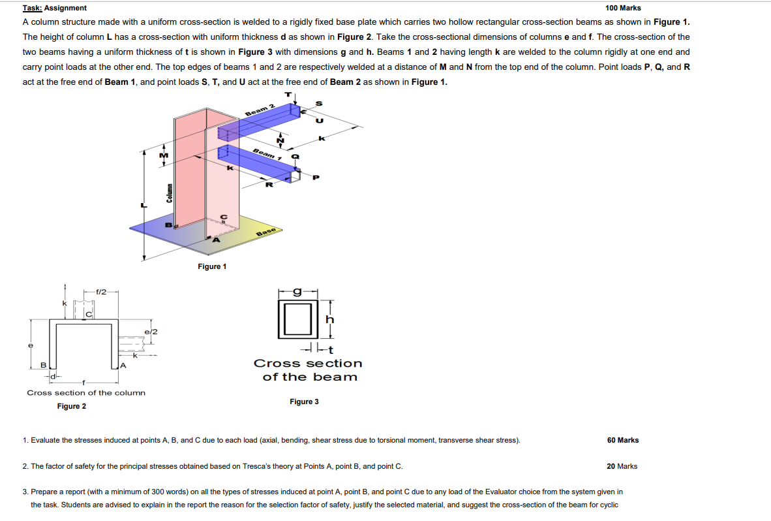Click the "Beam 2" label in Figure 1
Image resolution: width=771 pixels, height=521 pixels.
click(260, 110)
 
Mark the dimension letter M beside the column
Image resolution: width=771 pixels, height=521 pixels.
click(164, 155)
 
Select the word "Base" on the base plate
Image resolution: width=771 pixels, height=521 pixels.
click(267, 232)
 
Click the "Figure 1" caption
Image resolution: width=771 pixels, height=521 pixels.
click(212, 266)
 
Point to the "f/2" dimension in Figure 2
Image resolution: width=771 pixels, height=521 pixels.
click(101, 291)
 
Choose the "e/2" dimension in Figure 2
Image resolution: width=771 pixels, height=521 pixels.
click(151, 332)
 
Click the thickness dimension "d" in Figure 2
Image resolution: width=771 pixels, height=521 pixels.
click(55, 375)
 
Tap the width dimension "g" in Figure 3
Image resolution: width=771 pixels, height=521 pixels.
click(297, 292)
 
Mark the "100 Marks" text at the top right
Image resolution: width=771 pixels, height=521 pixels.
click(623, 8)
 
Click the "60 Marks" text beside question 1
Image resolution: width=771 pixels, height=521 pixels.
click(623, 440)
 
